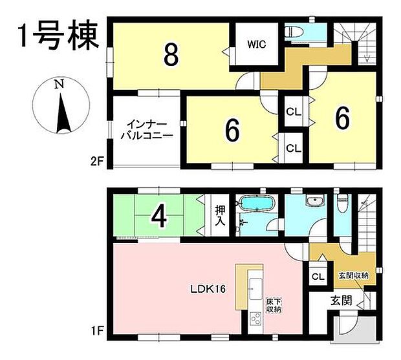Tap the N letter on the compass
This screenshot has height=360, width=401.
point(60,84)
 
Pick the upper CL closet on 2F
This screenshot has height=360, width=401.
point(294,112)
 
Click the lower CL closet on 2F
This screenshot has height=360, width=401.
point(294,148)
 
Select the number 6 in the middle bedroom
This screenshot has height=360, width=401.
point(232,131)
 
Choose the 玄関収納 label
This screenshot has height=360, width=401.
point(353,275)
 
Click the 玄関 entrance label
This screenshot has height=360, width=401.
point(341,300)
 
